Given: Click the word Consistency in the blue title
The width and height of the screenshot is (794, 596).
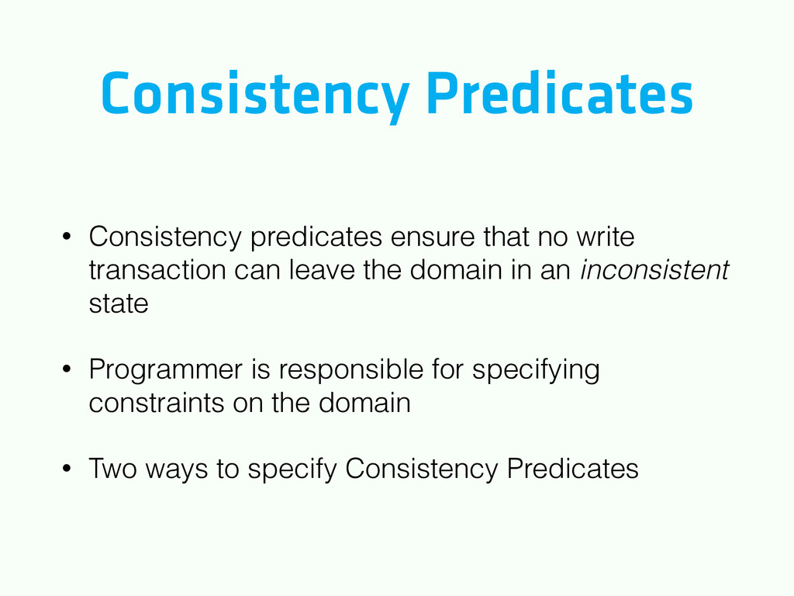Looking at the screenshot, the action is [255, 95].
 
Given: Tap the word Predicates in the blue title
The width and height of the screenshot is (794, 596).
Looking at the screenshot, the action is [560, 92].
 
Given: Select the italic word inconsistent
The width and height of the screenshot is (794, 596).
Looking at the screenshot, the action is [654, 269].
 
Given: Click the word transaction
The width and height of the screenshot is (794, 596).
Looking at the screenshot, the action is [157, 269].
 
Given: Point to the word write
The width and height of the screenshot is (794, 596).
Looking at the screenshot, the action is [605, 236].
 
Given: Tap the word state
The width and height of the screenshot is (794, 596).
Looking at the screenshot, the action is [119, 303].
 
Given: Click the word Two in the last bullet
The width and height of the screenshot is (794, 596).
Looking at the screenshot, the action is [113, 468].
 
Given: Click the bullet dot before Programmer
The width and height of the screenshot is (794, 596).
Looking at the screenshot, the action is [67, 369].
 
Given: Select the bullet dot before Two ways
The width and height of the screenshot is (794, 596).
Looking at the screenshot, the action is [67, 468].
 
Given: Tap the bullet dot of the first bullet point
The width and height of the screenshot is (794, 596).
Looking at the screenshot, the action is [67, 236].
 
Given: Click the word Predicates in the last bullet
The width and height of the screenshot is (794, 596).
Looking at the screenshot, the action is [573, 468].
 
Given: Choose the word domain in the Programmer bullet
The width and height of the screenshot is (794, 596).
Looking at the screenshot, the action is [364, 403].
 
